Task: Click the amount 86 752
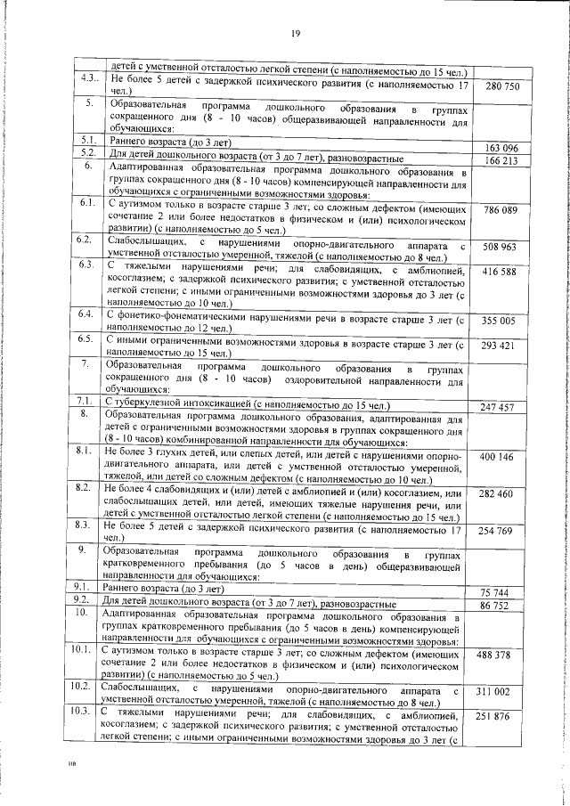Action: click(x=500, y=605)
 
